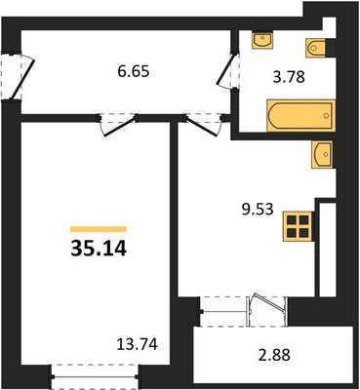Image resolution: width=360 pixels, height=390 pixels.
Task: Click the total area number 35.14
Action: [99, 248]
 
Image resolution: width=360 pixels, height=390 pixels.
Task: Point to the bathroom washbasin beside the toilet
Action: [263, 40]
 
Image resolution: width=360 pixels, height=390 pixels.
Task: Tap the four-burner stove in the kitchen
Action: [298, 226]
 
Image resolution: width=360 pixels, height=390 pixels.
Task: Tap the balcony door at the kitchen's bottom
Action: [268, 305]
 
